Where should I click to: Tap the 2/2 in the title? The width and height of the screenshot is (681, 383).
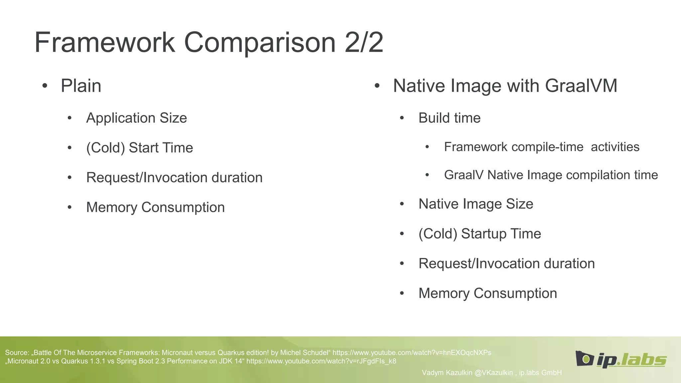pyautogui.click(x=364, y=42)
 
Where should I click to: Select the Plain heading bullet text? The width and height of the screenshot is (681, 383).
pyautogui.click(x=81, y=86)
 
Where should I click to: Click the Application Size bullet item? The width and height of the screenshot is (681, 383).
pyautogui.click(x=136, y=118)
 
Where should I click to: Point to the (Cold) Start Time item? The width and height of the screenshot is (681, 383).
pyautogui.click(x=139, y=148)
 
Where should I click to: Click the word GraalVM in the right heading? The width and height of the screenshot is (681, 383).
pyautogui.click(x=581, y=86)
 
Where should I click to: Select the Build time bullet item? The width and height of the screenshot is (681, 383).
pyautogui.click(x=449, y=118)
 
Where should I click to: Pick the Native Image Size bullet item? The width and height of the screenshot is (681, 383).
pyautogui.click(x=476, y=204)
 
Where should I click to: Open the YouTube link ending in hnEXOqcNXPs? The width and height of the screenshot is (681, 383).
pyautogui.click(x=412, y=353)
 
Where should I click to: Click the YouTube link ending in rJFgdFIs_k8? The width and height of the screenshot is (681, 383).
pyautogui.click(x=321, y=361)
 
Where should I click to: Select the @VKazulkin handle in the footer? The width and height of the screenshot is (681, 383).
pyautogui.click(x=493, y=373)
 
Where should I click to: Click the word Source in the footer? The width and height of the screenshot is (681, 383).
pyautogui.click(x=17, y=353)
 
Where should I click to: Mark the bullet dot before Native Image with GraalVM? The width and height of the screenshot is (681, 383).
pyautogui.click(x=377, y=86)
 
